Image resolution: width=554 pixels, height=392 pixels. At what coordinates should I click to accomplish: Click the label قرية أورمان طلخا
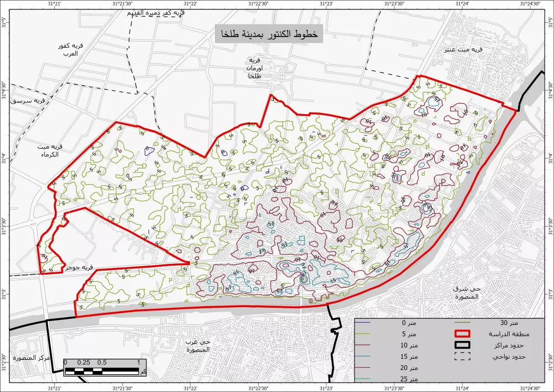255,68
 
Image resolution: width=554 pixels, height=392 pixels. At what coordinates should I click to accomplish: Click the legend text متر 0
411,323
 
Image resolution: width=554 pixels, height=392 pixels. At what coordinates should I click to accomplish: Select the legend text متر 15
411,356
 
